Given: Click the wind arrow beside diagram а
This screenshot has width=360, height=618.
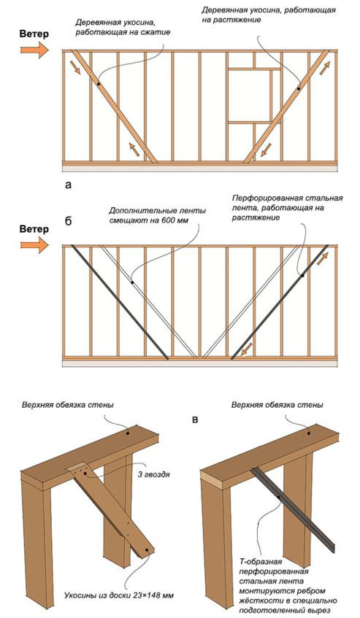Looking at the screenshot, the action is [34, 50].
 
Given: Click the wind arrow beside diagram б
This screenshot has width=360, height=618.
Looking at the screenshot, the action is [34, 245].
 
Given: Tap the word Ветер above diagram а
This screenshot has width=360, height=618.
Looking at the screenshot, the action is [34, 34].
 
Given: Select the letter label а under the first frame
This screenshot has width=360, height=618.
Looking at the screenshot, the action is [69, 185].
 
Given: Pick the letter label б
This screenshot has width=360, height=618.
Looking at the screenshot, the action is [68, 221].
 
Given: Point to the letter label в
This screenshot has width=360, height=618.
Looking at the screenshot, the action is [195, 420].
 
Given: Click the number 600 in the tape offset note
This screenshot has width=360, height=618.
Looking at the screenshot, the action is [169, 220].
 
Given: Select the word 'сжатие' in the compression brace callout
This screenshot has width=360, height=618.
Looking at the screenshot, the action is [158, 32].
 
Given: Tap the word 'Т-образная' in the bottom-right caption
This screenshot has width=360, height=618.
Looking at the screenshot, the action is [260, 560].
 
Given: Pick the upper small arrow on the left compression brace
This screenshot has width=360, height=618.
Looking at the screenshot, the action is [76, 67].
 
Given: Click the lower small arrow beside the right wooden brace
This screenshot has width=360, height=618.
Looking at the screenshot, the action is [267, 150].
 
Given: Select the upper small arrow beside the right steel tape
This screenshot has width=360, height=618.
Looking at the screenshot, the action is [322, 259].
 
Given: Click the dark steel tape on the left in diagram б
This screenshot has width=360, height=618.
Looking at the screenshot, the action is [120, 302].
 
